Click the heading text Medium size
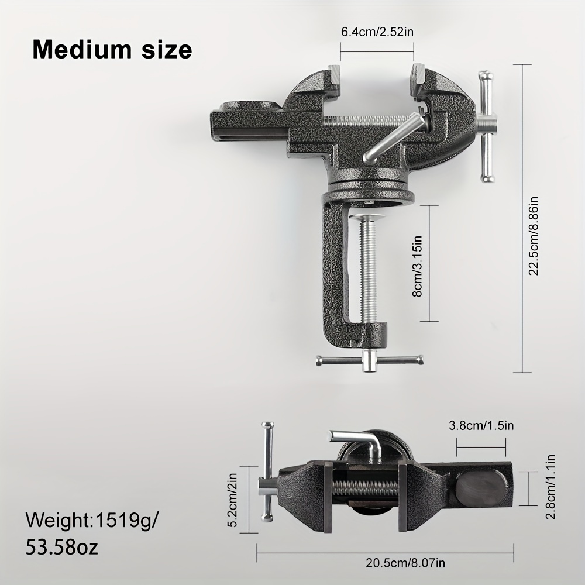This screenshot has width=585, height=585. point(112,50)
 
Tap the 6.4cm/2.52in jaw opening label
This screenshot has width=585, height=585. point(377,32)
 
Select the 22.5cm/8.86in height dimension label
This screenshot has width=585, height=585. point(535,236)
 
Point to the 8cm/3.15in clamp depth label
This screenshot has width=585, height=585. point(418,266)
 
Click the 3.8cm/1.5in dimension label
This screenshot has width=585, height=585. point(481,425)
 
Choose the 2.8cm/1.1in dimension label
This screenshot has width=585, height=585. point(550,487)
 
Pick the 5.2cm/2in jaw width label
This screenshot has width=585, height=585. point(232,500)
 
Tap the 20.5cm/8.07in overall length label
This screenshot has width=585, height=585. point(405,563)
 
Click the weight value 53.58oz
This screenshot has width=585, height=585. point(62,548)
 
